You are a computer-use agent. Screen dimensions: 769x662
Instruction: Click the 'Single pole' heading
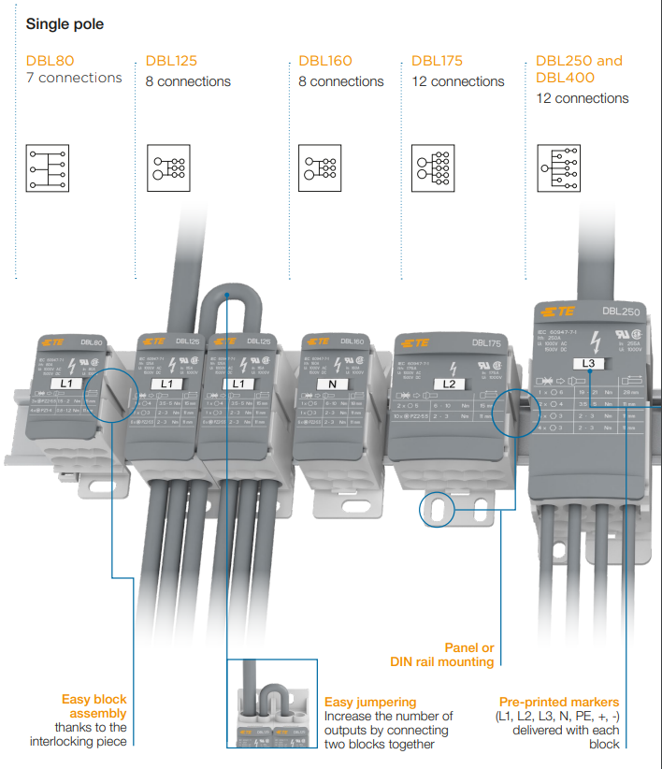[65, 24]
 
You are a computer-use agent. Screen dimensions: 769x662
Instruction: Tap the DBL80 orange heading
[50, 61]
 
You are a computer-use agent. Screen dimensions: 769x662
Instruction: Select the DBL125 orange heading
[171, 61]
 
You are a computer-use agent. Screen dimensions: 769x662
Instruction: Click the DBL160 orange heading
[325, 61]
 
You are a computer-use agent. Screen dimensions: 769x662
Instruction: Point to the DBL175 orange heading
[437, 61]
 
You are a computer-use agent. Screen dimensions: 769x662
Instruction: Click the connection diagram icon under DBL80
[49, 167]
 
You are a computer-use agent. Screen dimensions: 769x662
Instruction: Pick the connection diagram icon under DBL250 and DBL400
[560, 167]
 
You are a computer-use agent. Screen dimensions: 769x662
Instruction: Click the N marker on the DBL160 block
[333, 384]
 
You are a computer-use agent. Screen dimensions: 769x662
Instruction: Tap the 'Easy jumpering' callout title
[369, 702]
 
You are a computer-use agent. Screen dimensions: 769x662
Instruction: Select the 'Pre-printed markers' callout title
[558, 702]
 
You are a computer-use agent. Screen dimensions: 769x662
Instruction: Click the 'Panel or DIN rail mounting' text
[442, 655]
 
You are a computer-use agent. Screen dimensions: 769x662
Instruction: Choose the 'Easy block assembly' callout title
[94, 706]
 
